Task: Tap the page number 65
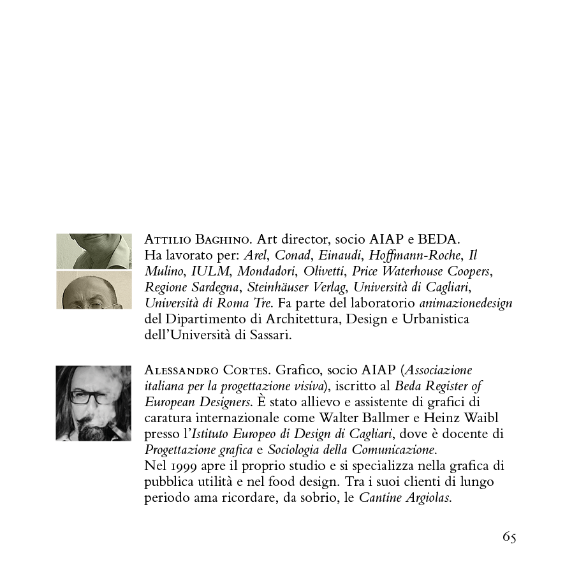tap(509, 537)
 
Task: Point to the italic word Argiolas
tap(428, 497)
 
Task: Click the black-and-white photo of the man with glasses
tap(94, 403)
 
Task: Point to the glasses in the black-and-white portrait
tap(91, 398)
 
